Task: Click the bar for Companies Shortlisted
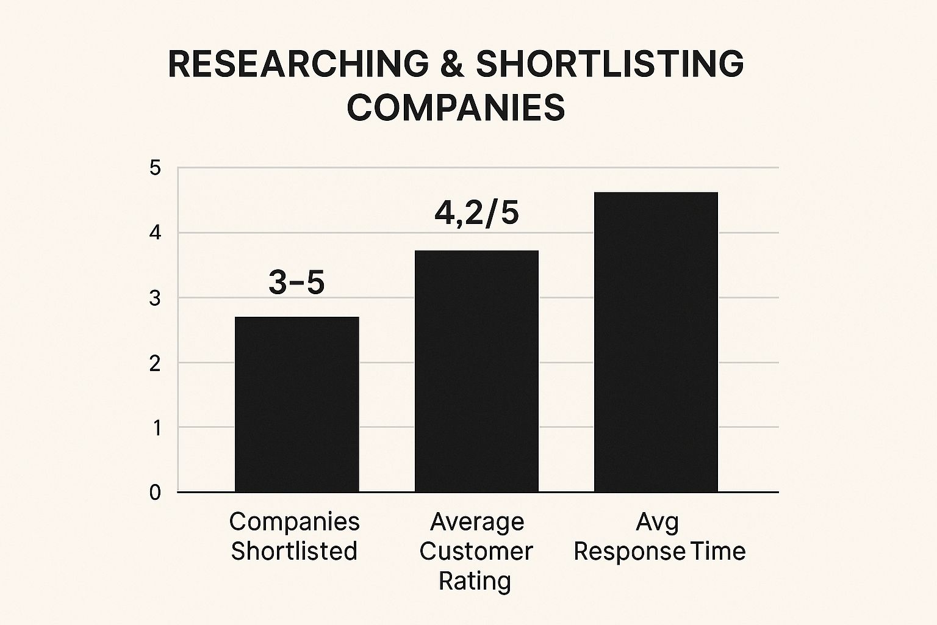coord(296,404)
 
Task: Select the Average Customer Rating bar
coord(476,371)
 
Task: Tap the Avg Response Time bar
coord(656,342)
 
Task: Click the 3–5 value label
coord(296,283)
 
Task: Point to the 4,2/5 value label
coord(476,213)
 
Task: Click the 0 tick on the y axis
coord(155,493)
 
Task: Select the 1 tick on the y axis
coord(156,428)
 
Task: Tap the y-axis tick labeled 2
coord(156,363)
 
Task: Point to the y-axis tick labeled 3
coord(156,298)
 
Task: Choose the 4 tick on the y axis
coord(156,233)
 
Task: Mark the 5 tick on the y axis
coord(156,168)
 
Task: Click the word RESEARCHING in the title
coord(298,64)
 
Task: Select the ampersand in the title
coord(452,64)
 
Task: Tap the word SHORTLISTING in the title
coord(609,64)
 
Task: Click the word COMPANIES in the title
coord(456,108)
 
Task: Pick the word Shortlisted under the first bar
coord(294,551)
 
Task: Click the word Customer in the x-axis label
coord(476,551)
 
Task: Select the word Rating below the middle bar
coord(475,580)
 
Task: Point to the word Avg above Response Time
coord(657,522)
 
